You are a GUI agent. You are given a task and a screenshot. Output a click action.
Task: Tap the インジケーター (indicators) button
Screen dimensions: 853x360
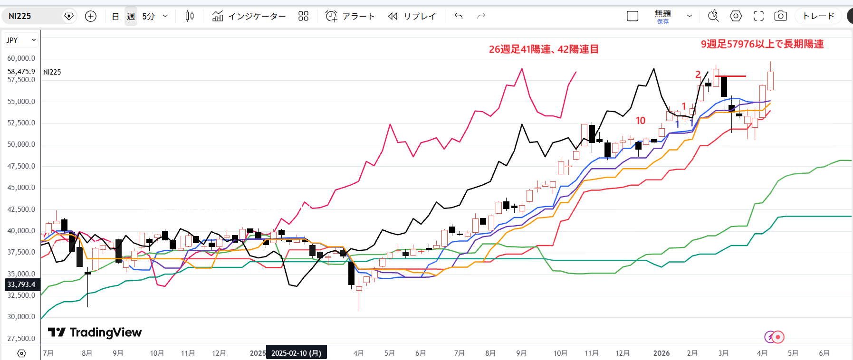pyautogui.click(x=249, y=16)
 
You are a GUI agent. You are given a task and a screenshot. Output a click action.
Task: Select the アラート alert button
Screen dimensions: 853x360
pyautogui.click(x=350, y=16)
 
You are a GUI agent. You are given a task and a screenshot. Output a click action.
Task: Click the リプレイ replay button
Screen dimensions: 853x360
pyautogui.click(x=412, y=16)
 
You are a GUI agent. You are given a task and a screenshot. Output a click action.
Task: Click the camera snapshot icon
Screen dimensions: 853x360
pyautogui.click(x=780, y=16)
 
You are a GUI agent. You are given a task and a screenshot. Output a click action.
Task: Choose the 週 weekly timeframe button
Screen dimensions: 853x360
pyautogui.click(x=131, y=16)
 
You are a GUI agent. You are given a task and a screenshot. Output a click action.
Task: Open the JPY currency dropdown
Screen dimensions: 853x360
pyautogui.click(x=21, y=40)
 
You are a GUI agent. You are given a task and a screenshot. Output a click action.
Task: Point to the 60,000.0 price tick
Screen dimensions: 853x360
pyautogui.click(x=21, y=58)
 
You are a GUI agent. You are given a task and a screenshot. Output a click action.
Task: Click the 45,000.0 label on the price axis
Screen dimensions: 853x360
pyautogui.click(x=21, y=188)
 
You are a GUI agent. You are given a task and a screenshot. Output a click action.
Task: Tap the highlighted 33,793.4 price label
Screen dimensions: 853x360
pyautogui.click(x=21, y=284)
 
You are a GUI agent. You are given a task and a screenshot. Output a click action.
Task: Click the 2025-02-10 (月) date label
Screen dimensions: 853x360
pyautogui.click(x=296, y=353)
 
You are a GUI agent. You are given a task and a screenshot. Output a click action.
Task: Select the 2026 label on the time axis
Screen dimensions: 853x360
pyautogui.click(x=661, y=353)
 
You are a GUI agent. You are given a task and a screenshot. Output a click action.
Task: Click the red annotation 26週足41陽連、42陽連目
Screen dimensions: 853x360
pyautogui.click(x=544, y=49)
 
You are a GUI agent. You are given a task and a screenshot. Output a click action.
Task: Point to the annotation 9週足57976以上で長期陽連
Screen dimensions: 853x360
pyautogui.click(x=762, y=44)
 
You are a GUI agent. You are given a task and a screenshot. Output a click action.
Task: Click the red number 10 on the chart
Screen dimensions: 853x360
pyautogui.click(x=641, y=121)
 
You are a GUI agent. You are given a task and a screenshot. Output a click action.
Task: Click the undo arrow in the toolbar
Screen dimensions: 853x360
pyautogui.click(x=459, y=16)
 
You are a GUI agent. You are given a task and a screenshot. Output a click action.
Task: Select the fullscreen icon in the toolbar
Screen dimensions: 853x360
pyautogui.click(x=759, y=16)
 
